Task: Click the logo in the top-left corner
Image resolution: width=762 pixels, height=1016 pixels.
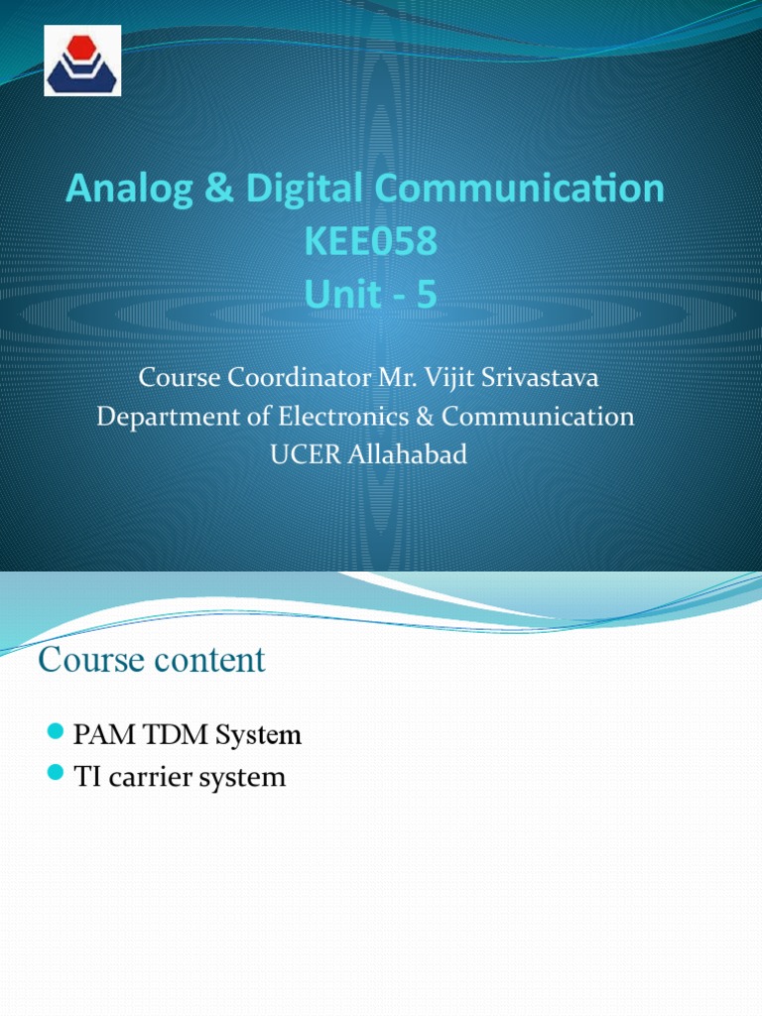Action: point(82,61)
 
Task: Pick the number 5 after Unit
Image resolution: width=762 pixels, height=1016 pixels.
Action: point(426,296)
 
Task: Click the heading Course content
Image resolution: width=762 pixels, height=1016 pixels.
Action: point(152,661)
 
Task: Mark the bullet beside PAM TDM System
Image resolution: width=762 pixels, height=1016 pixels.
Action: point(56,733)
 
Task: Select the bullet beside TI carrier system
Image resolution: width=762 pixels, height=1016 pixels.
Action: point(56,773)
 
